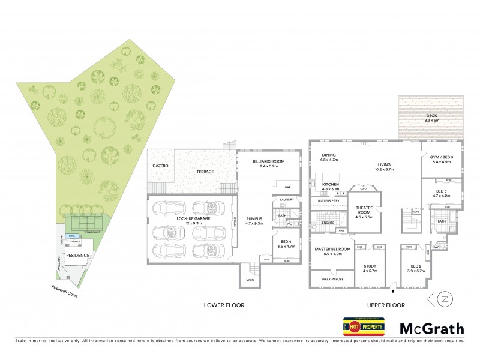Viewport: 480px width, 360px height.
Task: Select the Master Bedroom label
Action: pyautogui.click(x=328, y=251)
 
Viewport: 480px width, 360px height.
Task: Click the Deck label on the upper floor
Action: pyautogui.click(x=432, y=118)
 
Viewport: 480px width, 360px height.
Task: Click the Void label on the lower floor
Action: pyautogui.click(x=247, y=279)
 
